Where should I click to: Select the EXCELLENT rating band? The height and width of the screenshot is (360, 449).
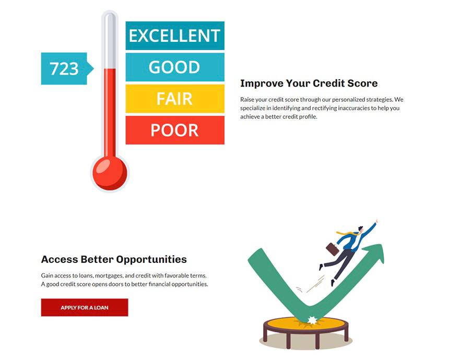coord(175,35)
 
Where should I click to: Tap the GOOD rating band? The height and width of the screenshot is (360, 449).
coord(175,67)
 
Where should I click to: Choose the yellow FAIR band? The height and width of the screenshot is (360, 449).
coord(175,99)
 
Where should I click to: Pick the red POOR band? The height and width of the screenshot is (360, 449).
coord(175,130)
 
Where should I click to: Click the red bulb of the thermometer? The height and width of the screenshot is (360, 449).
coord(110,173)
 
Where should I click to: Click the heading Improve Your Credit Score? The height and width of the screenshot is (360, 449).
coord(309,83)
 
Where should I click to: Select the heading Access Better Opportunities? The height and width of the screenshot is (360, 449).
coord(114,259)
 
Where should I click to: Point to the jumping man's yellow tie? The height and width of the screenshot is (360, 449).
coord(347,234)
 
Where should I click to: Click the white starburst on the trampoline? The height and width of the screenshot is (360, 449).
coord(312,320)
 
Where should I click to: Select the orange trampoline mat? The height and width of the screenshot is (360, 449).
coord(306,323)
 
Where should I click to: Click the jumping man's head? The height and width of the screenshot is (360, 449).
coord(360,229)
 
